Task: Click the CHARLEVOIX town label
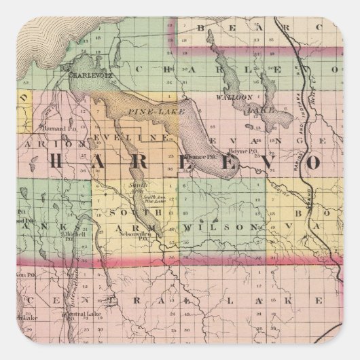86,76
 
